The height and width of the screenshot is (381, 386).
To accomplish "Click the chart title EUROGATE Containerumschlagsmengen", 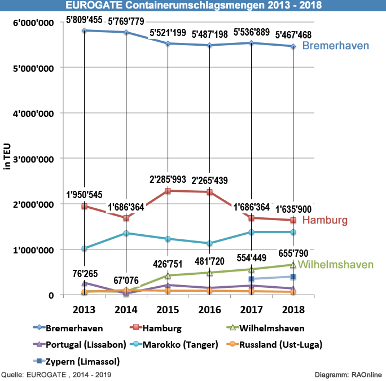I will (x=193, y=6).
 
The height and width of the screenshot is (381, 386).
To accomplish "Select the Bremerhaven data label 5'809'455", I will (x=84, y=20).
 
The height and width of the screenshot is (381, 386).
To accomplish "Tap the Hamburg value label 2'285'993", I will (x=168, y=179).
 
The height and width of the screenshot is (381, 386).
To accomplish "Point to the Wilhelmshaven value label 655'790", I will (x=293, y=253).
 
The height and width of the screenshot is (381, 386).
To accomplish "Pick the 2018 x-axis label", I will (x=293, y=310).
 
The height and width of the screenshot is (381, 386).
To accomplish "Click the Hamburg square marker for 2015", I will (x=168, y=191).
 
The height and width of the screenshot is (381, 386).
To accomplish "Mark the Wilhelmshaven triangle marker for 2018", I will (x=293, y=265).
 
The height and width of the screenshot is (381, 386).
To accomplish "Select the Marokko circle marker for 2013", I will (x=84, y=248).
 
